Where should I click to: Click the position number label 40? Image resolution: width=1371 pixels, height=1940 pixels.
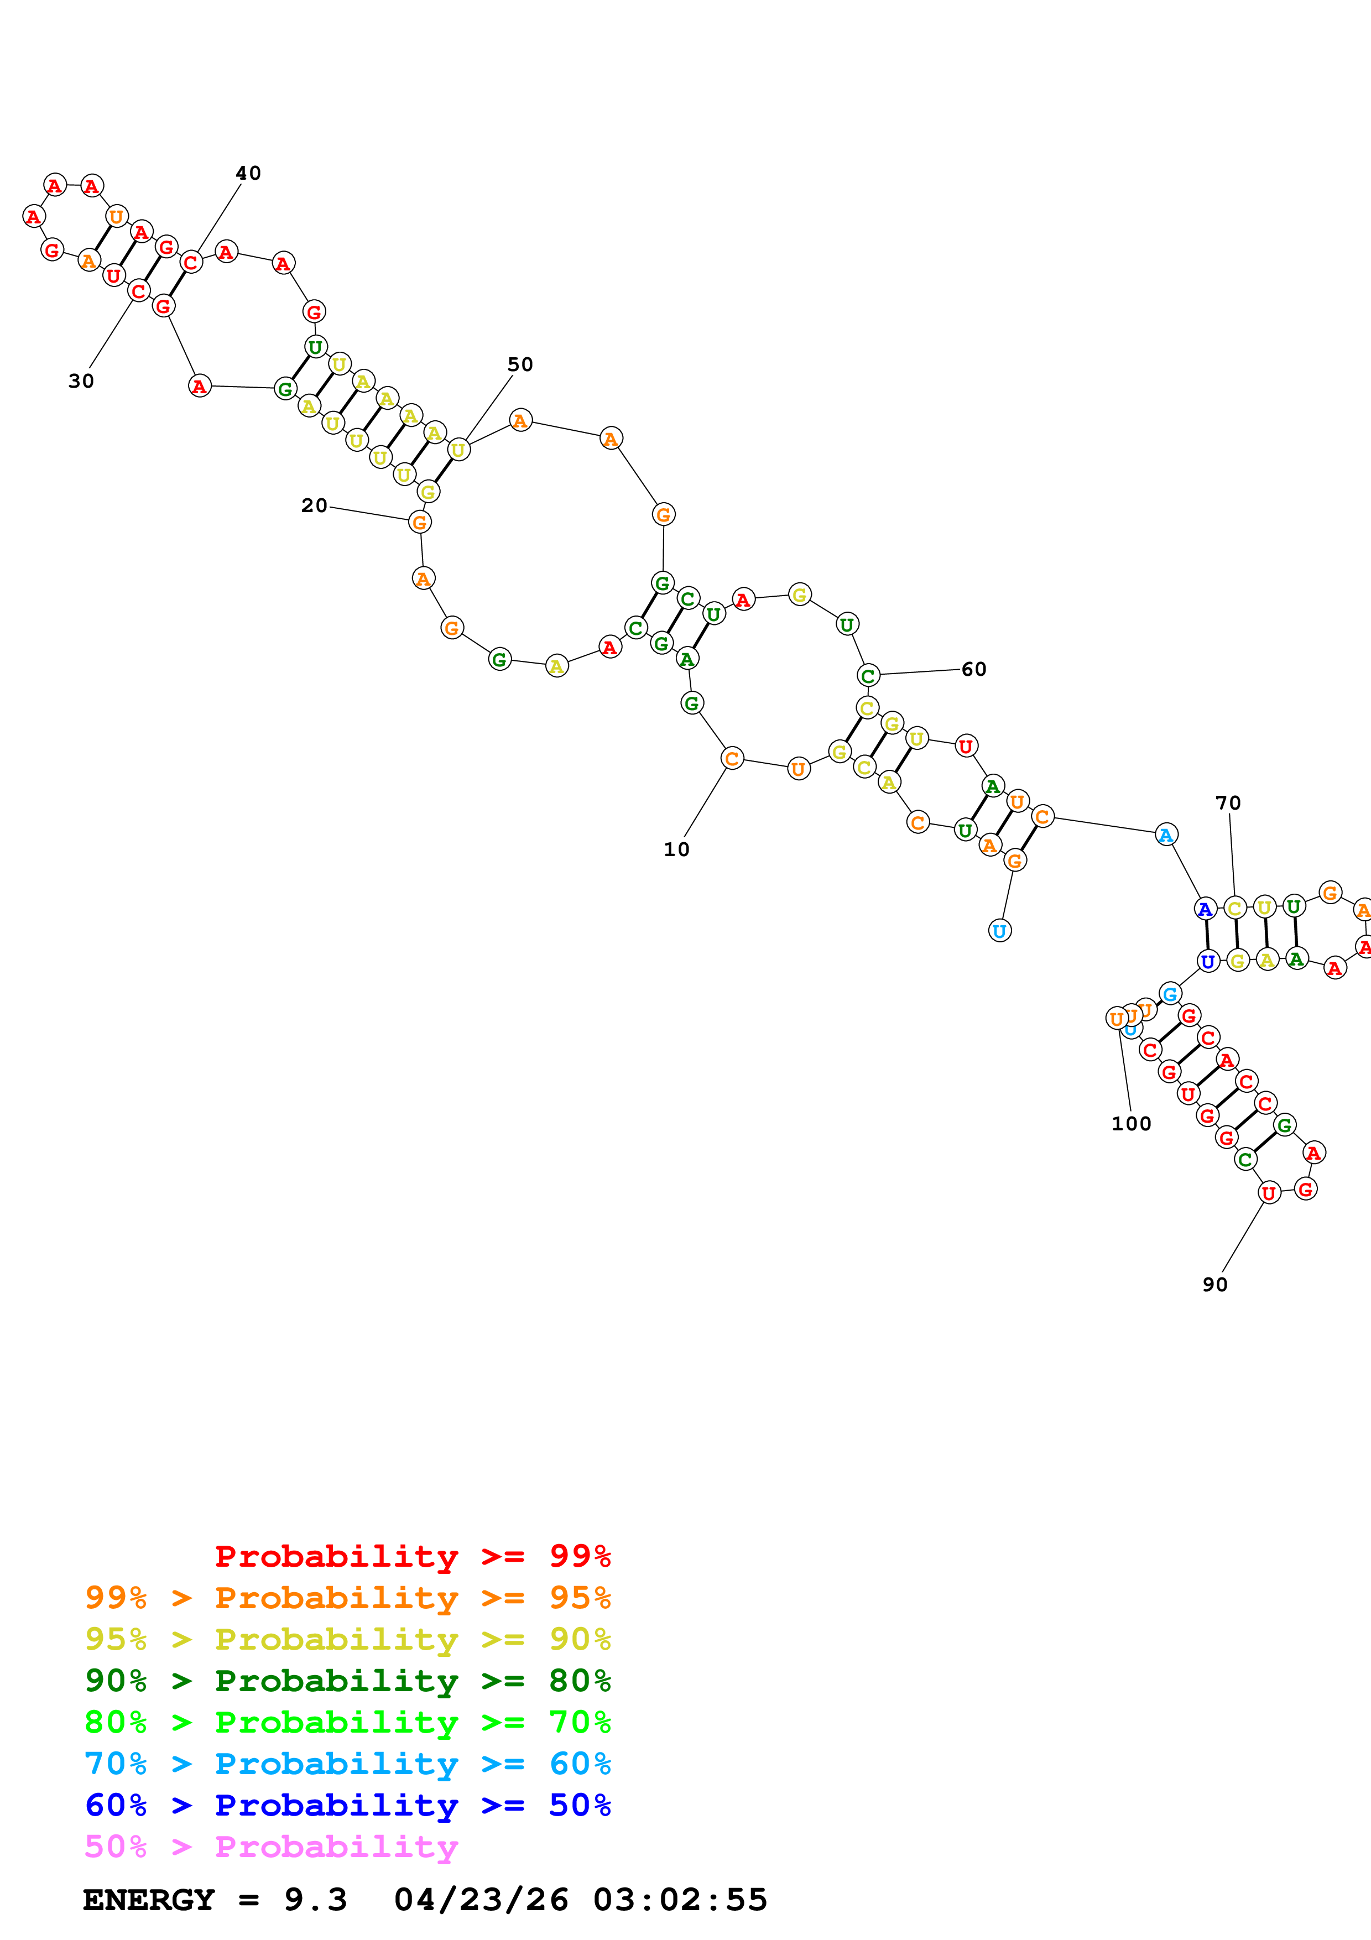[248, 173]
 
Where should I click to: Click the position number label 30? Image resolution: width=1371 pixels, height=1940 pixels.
[81, 381]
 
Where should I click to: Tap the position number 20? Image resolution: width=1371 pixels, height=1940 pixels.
[314, 505]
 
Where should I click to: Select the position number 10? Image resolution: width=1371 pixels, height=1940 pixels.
[676, 849]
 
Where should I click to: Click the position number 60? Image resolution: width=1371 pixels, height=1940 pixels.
[973, 669]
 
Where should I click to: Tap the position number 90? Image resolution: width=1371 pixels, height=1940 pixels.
[1214, 1284]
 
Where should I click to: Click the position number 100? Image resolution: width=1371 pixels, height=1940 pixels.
[1131, 1124]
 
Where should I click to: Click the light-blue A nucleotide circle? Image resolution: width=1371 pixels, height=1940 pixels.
[1166, 835]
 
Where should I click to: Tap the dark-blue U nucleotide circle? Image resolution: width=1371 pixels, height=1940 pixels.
[1208, 962]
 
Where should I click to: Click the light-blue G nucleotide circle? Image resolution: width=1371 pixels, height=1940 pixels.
[1169, 994]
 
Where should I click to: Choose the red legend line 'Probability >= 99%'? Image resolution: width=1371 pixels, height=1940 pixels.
[412, 1556]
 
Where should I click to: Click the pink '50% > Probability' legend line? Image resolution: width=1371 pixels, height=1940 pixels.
[271, 1847]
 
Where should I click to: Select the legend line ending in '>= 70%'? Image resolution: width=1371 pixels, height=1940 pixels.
[347, 1722]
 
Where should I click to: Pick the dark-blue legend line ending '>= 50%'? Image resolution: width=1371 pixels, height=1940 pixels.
[347, 1805]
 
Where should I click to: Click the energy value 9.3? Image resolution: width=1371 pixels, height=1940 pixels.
[315, 1900]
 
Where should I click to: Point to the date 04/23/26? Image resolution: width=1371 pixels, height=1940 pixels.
[481, 1900]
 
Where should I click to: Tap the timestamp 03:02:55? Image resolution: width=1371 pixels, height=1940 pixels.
[680, 1900]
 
